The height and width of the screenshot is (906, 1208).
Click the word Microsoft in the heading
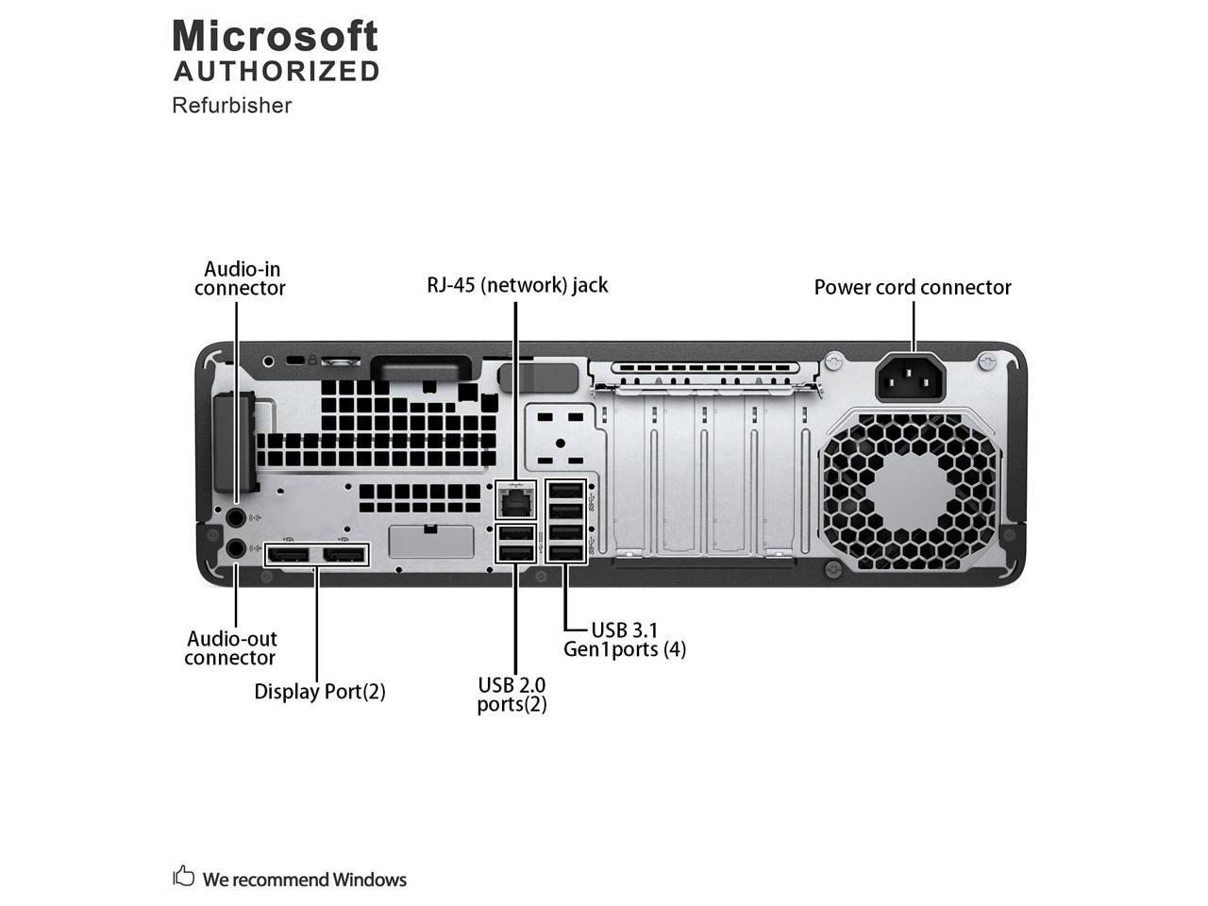(275, 37)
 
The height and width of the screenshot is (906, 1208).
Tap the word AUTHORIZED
(277, 71)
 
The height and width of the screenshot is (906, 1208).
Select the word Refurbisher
(231, 105)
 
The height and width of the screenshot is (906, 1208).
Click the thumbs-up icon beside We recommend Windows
(183, 877)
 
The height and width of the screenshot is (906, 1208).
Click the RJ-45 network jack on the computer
(515, 499)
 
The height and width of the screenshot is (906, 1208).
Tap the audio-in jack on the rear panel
(237, 516)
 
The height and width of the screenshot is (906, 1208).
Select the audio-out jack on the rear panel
(237, 548)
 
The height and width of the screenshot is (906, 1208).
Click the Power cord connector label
(913, 287)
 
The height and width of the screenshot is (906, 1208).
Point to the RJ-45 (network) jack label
(517, 284)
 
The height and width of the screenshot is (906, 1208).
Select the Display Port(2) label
(320, 692)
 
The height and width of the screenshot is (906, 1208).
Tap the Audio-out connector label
(230, 648)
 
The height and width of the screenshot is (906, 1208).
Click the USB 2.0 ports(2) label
(512, 694)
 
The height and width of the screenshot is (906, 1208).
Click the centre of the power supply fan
(913, 493)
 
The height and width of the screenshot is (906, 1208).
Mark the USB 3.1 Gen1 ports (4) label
(625, 639)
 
